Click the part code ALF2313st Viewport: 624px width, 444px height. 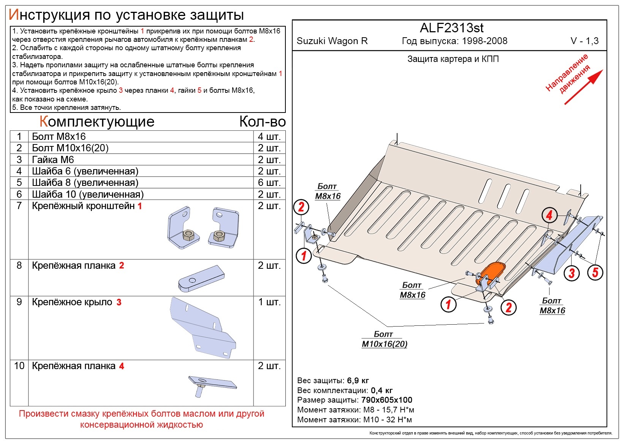pos(451,28)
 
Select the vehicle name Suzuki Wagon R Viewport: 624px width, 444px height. pos(332,41)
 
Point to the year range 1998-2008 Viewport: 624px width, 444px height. pos(485,41)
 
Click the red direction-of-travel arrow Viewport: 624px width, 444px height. pos(584,87)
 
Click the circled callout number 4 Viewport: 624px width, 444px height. pos(550,215)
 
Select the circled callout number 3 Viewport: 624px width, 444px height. pos(572,273)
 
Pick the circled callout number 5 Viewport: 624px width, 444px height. pos(595,272)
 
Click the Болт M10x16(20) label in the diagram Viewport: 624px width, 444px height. pos(385,339)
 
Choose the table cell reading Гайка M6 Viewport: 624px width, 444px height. pos(53,160)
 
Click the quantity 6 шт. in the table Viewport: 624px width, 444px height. pos(269,182)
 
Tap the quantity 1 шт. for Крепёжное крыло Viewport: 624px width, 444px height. pos(269,302)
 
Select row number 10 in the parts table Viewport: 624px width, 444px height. pos(19,366)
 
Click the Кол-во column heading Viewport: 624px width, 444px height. pos(263,122)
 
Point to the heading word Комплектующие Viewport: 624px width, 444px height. pos(97,122)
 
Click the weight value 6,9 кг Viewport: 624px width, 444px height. pos(358,381)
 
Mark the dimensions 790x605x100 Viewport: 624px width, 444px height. pos(386,400)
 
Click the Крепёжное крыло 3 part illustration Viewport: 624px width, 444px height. pos(203,328)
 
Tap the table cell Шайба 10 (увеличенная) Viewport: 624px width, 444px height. pos(88,194)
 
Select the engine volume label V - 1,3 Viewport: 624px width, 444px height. pos(584,41)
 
